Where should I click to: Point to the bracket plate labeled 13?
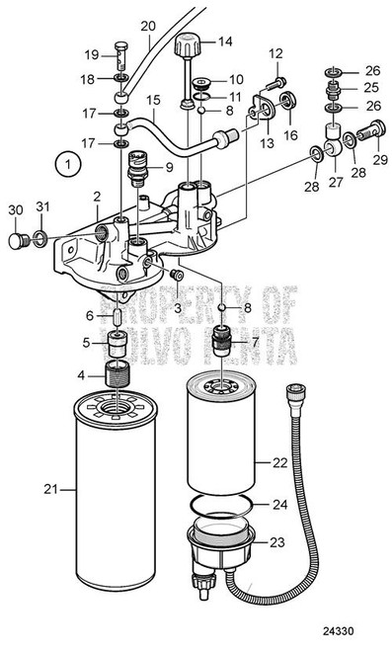(264, 108)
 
